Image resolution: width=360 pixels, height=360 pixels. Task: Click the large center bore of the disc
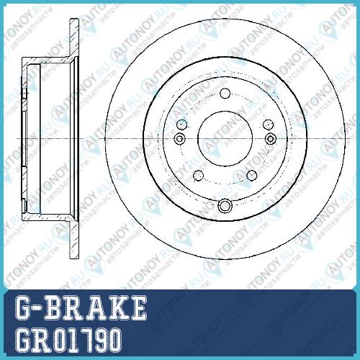[225, 138]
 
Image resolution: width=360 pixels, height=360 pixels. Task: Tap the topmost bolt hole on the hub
[225, 94]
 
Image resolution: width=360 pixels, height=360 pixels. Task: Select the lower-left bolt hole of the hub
[199, 176]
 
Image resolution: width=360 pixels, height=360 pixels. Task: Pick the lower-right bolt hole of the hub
[252, 176]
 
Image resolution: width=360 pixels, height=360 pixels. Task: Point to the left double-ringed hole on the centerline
[179, 138]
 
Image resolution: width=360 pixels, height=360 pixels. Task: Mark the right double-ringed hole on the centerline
[271, 138]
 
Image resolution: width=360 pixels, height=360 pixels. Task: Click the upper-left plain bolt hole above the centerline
[181, 125]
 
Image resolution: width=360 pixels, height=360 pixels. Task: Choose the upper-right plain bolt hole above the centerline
[268, 125]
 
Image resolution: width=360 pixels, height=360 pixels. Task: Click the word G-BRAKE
[81, 307]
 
